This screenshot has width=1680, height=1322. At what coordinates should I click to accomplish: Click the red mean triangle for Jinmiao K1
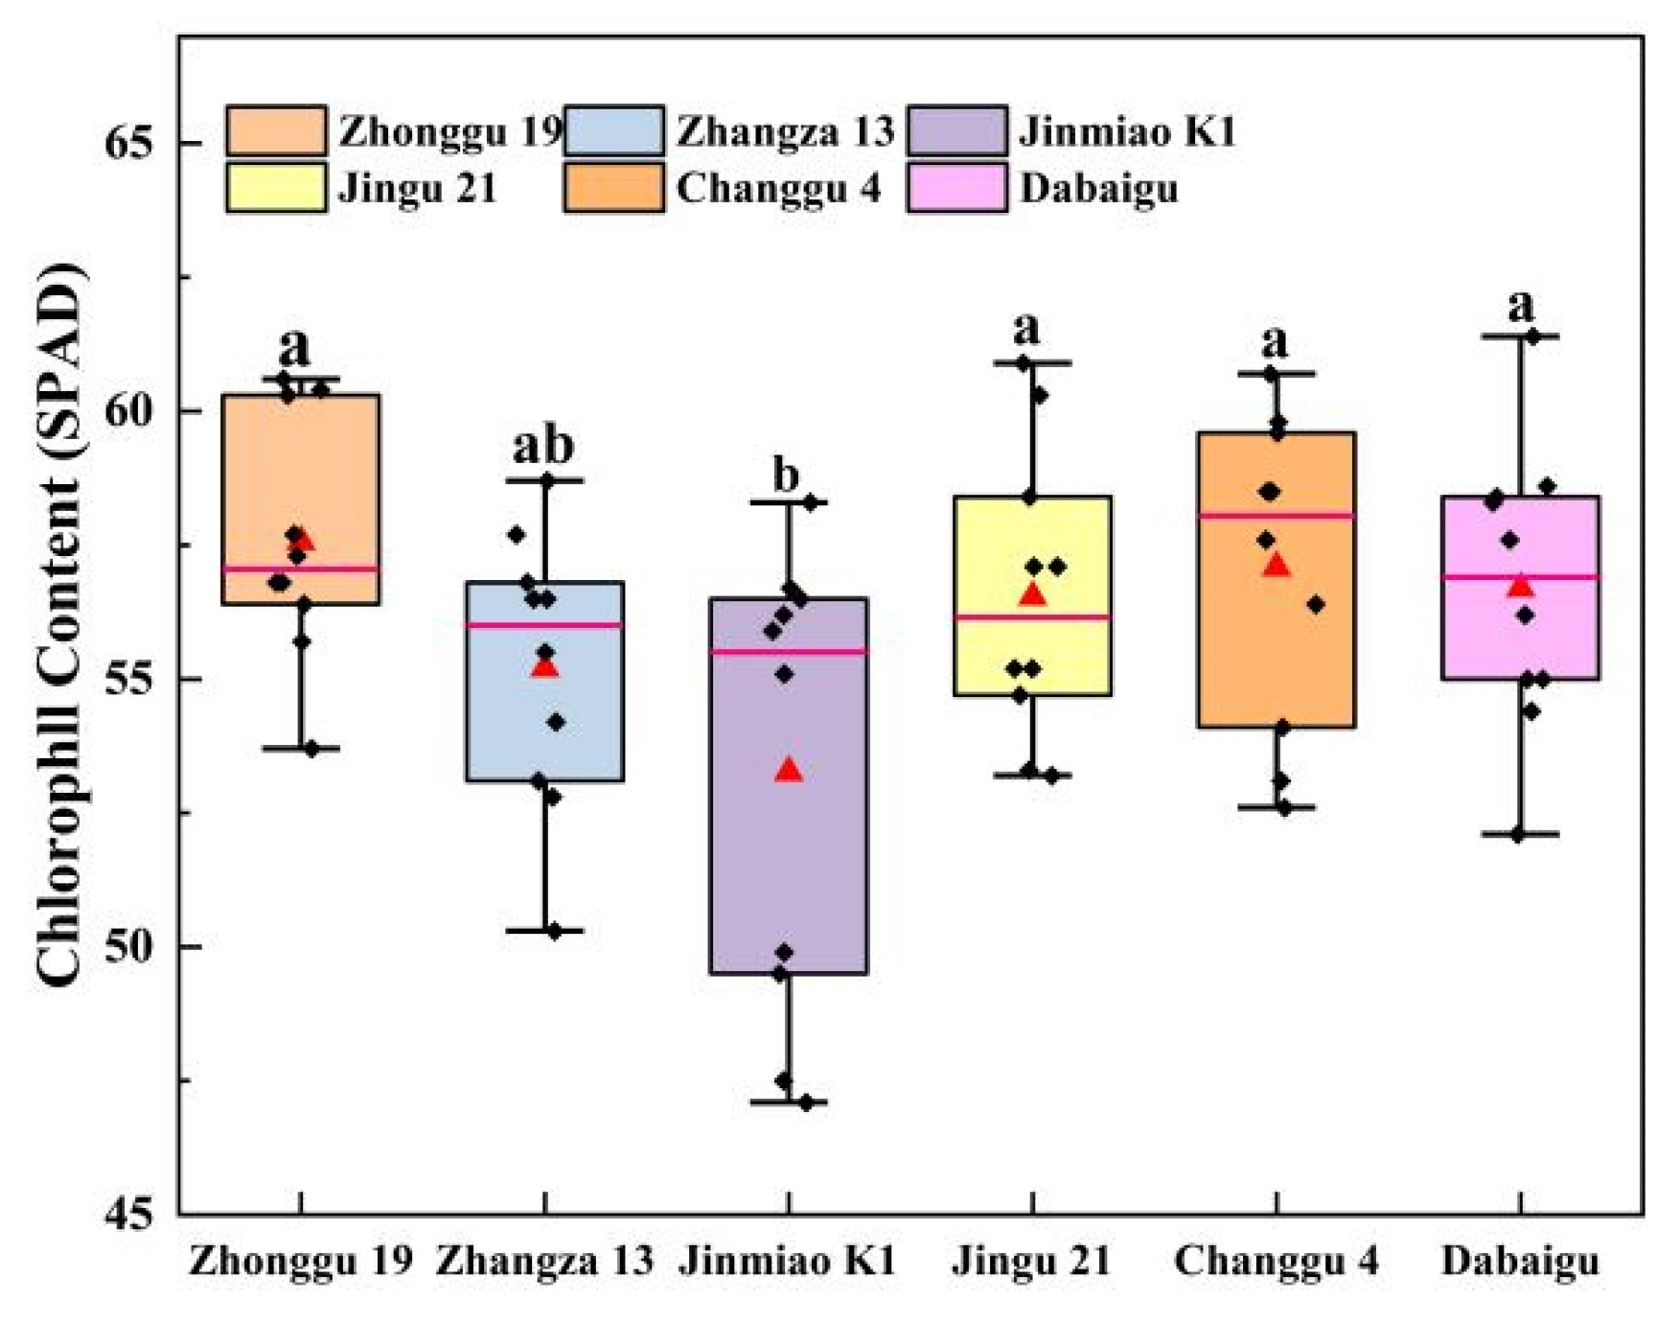(789, 770)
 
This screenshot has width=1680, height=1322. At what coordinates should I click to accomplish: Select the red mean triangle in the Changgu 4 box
(1276, 566)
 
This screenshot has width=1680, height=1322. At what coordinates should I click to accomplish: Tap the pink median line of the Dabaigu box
(1520, 577)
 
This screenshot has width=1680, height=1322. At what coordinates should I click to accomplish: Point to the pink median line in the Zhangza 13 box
(544, 625)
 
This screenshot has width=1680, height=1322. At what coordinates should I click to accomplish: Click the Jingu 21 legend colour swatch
(276, 187)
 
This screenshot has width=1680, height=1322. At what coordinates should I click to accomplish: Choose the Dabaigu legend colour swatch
(956, 187)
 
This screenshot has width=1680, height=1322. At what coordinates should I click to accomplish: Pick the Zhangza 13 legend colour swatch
(613, 131)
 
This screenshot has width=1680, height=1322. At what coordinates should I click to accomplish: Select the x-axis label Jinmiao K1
(788, 1261)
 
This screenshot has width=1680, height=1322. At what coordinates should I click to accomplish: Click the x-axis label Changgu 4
(1276, 1261)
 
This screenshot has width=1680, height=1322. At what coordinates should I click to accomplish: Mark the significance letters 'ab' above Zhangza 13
(543, 446)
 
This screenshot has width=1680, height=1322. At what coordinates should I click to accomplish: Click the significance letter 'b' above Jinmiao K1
(786, 475)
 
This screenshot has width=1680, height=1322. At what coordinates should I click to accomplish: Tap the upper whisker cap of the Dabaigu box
(1520, 336)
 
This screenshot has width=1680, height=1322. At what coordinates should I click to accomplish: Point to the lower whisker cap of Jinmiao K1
(789, 1102)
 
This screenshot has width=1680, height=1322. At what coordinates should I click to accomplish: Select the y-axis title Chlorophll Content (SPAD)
(59, 623)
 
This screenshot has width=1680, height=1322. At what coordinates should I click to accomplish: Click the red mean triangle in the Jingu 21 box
(1032, 595)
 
